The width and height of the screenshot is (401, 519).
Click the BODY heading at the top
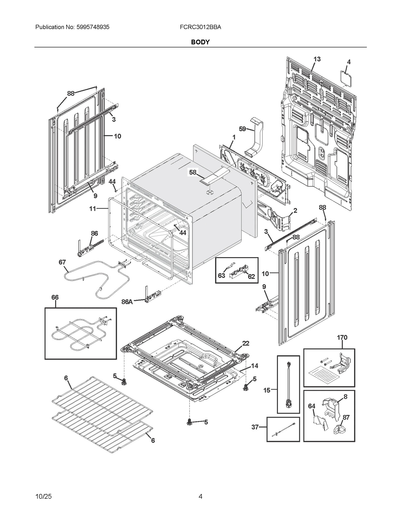tap(200, 42)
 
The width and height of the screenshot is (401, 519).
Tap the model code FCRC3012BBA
tap(200, 27)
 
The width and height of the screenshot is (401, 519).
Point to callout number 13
tap(317, 59)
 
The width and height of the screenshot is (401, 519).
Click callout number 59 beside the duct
tap(242, 129)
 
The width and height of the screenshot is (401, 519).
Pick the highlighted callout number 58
tap(193, 172)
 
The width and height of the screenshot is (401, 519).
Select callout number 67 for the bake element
tap(62, 262)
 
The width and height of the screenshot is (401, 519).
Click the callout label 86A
tap(127, 302)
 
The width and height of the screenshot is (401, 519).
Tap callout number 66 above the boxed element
tap(55, 297)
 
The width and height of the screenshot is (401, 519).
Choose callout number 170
tap(342, 337)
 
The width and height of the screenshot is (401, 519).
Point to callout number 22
tap(246, 343)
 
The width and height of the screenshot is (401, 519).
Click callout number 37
tap(255, 427)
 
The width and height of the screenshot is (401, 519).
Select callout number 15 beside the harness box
tap(267, 390)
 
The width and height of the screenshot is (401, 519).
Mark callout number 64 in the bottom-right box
tap(312, 406)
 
